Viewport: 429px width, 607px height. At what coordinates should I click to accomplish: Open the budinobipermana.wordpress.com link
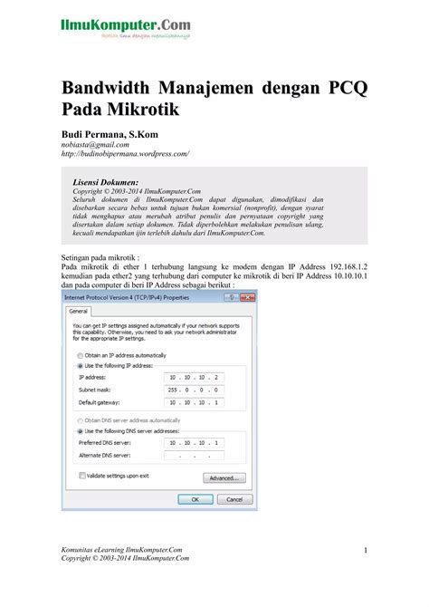coord(125,155)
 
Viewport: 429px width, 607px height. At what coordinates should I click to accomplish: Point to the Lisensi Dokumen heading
coord(105,181)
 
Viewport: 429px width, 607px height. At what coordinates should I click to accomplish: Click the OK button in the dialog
coord(189,498)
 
